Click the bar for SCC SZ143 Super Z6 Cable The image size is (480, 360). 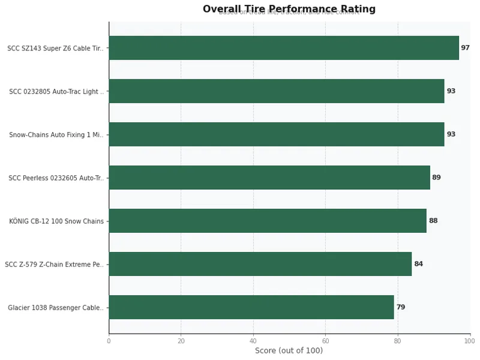point(283,48)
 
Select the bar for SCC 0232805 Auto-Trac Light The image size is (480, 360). point(276,91)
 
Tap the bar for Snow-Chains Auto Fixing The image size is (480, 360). point(276,134)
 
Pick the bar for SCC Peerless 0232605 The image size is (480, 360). point(269,178)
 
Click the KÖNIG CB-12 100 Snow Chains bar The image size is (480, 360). point(267,221)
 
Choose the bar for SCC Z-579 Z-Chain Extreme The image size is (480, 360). point(260,264)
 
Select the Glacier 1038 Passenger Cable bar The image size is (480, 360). point(251,307)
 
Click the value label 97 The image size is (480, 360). point(465,48)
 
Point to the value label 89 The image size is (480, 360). point(436,178)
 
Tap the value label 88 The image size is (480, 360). point(433,221)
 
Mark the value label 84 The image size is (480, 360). point(418,264)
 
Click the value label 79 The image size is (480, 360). point(400,307)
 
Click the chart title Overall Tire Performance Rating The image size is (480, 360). point(289,9)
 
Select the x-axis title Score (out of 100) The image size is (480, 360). point(289,351)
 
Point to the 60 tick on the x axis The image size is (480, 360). point(325,341)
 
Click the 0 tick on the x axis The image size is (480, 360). point(109,341)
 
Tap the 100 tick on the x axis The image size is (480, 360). point(470,341)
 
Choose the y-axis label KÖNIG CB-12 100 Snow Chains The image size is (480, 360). point(56,221)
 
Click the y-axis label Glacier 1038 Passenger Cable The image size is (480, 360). point(55,308)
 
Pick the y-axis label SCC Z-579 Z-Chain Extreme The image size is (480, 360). point(54,265)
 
